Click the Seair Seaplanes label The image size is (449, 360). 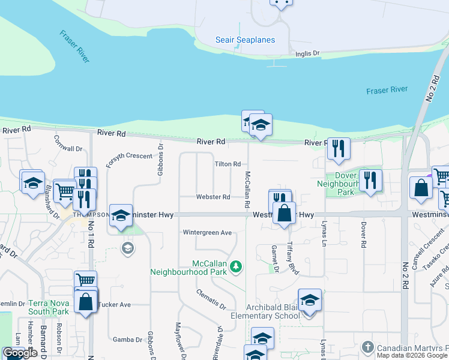coord(245,40)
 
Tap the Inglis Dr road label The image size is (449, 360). coord(307,54)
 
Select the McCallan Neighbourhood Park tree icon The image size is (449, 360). coord(237,266)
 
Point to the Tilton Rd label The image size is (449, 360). coord(228,164)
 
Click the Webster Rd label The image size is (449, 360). coord(213,197)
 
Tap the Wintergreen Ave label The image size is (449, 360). coord(207,233)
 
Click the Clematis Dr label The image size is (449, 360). coord(211,298)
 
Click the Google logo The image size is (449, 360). coord(20,353)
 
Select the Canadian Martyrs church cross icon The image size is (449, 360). coord(367,347)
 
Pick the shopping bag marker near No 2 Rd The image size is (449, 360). coord(421,187)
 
